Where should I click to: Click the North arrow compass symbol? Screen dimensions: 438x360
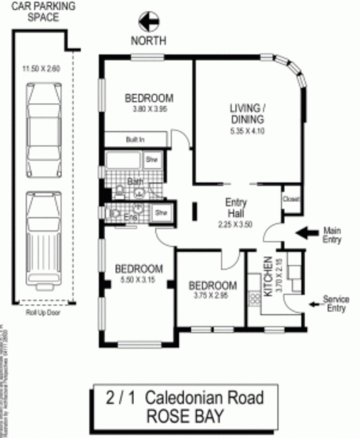coord(149,22)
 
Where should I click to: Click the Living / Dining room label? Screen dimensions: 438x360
coord(248,113)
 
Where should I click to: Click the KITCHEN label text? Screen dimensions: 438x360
coord(268,276)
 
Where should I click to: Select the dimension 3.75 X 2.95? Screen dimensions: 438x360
coord(212,295)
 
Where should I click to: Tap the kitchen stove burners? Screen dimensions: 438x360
coord(255,298)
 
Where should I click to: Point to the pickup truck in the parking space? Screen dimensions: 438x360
coord(43,235)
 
